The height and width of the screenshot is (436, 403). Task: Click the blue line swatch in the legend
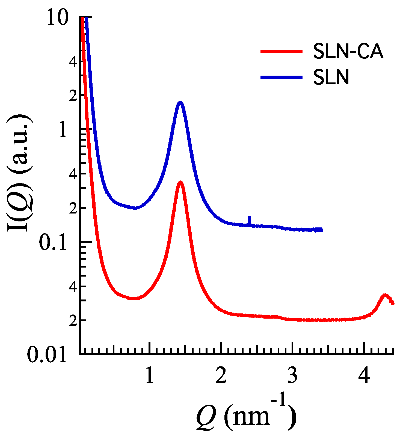(281, 77)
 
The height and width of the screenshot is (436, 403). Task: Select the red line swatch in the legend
(281, 51)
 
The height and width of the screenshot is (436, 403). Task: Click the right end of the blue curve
(322, 230)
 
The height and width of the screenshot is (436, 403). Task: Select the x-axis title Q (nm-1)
(246, 416)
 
